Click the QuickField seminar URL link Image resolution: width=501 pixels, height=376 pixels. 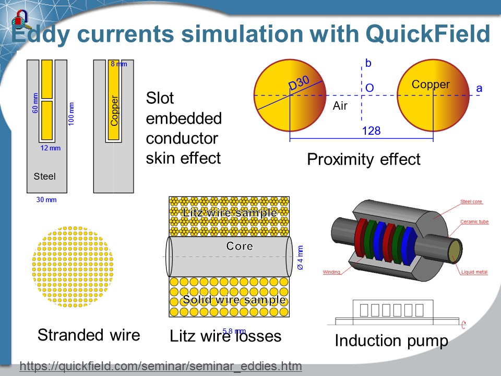[161, 366]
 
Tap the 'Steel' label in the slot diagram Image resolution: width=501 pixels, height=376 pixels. [44, 176]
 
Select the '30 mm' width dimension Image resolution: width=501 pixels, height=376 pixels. [46, 199]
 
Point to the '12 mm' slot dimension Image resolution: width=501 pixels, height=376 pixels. [51, 148]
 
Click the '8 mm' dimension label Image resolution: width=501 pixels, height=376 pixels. [118, 64]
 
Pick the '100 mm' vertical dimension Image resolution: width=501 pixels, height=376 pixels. [71, 113]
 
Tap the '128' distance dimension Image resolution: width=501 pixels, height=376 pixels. [371, 131]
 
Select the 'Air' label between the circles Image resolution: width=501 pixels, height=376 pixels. [340, 106]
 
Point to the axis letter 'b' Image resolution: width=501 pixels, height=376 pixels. [368, 64]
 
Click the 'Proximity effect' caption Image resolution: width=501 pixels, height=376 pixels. [364, 159]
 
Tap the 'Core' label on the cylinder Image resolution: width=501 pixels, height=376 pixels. [240, 246]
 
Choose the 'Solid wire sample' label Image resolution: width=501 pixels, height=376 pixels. [234, 300]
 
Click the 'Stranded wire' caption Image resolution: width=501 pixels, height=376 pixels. [89, 334]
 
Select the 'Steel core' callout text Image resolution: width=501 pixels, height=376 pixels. [471, 202]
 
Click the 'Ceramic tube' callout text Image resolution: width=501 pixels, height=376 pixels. [474, 222]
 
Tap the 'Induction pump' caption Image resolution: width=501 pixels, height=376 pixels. [391, 340]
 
